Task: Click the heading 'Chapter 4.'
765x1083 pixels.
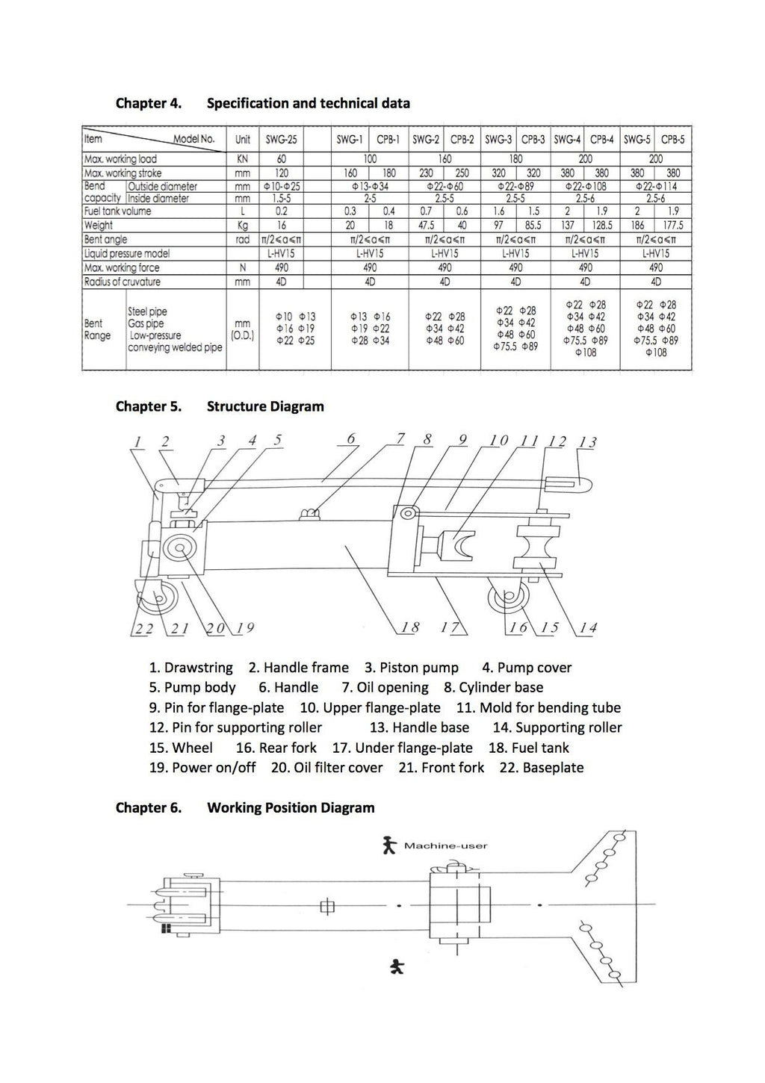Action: point(149,103)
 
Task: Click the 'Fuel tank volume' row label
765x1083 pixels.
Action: point(117,211)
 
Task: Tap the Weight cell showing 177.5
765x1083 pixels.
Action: point(673,225)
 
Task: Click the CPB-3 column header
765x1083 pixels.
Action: point(533,140)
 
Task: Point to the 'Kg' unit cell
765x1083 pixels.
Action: point(242,225)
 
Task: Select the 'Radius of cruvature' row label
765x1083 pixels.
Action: point(122,282)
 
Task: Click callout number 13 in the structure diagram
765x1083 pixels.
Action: point(588,442)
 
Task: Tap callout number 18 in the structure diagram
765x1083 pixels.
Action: point(410,627)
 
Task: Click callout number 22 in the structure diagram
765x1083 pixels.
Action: point(143,629)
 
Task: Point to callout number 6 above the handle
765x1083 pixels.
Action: point(351,439)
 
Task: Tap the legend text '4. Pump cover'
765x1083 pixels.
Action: point(527,668)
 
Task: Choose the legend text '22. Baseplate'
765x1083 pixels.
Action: point(542,768)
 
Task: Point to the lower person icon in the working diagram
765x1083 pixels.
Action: point(397,967)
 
